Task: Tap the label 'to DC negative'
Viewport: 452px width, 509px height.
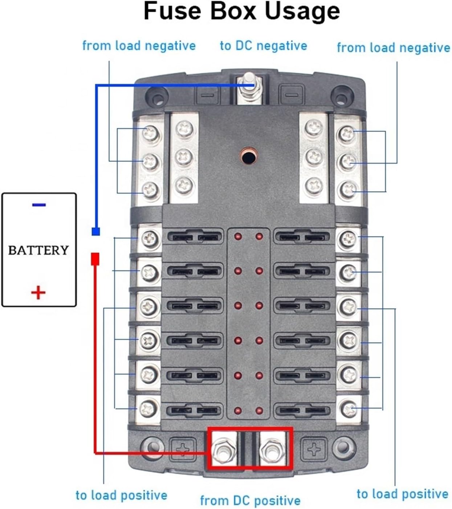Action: coord(264,46)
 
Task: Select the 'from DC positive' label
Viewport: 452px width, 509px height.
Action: coord(250,500)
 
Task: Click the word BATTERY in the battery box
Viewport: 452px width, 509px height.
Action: coord(38,250)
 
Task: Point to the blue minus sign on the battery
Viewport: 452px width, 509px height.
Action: coord(39,205)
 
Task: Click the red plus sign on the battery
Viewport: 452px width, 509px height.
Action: coord(38,292)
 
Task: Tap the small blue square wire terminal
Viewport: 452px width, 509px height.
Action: coord(96,231)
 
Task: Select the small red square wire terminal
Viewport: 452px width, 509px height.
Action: coord(95,259)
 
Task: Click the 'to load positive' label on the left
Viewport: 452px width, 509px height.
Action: coord(121,495)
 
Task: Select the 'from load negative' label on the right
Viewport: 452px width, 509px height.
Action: coord(394,48)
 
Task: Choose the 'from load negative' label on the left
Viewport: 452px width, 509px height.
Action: coord(139,46)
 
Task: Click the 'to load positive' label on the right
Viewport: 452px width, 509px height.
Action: coord(403,494)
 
